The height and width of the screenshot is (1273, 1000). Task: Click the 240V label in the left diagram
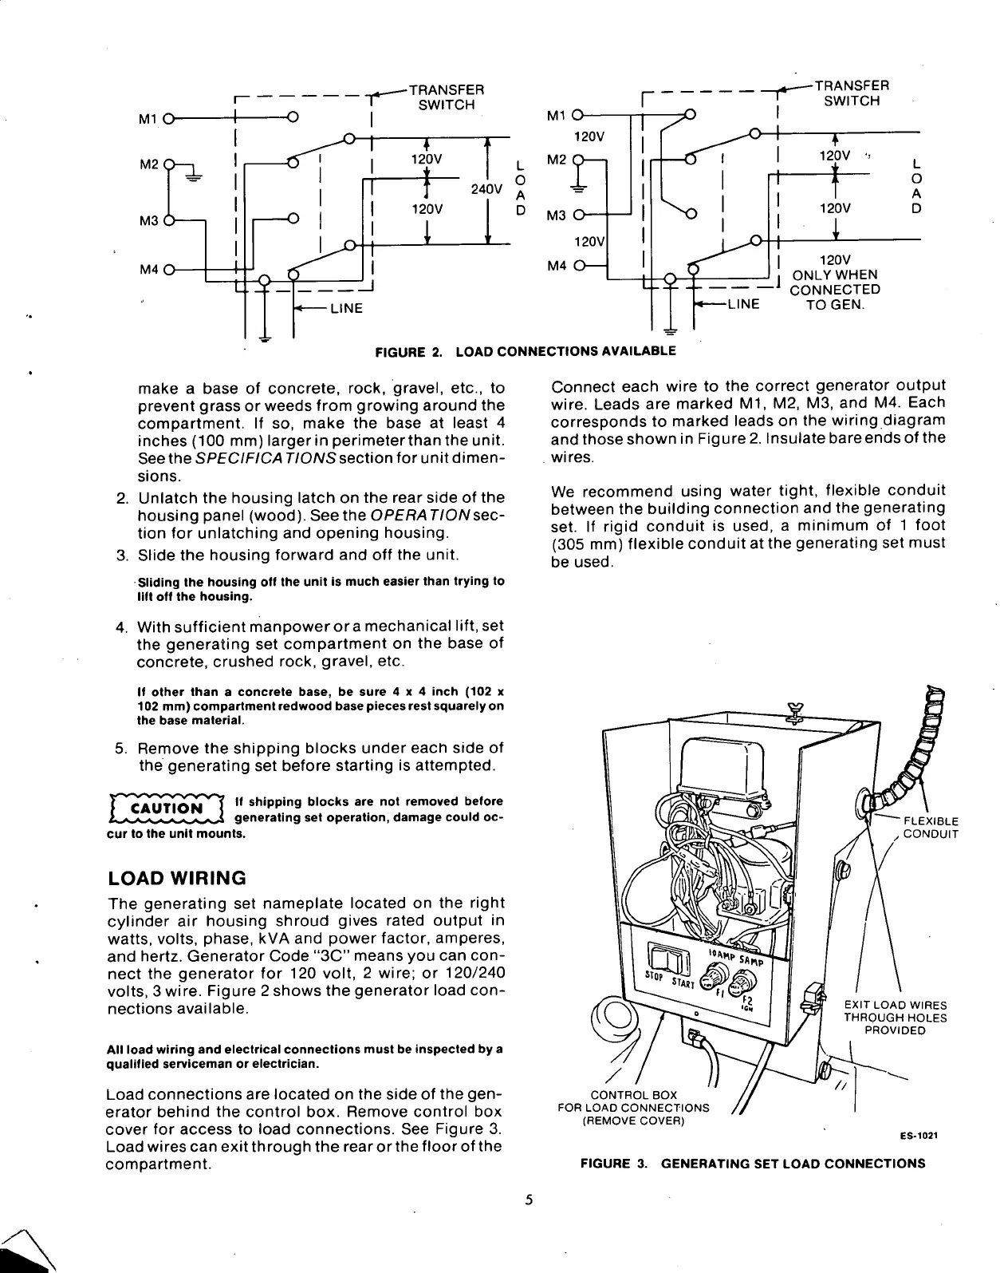click(x=486, y=190)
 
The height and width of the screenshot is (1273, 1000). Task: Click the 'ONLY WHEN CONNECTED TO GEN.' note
click(x=833, y=283)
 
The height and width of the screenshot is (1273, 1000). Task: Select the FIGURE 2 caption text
click(x=526, y=350)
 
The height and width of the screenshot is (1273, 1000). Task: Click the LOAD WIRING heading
click(x=176, y=878)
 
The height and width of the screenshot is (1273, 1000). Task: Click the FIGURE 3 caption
click(x=753, y=1163)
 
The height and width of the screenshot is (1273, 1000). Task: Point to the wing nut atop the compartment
click(x=793, y=710)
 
